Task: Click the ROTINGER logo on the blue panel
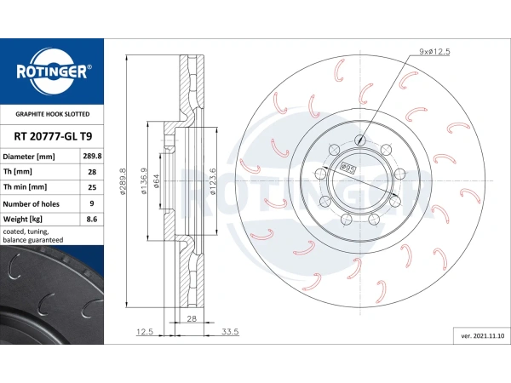click(52, 71)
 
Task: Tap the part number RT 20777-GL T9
click(53, 136)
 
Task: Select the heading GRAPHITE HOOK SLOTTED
click(53, 114)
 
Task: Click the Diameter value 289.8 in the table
click(92, 156)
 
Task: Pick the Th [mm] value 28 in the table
click(92, 172)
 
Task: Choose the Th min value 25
click(92, 187)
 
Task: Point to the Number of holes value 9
click(92, 203)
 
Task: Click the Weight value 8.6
click(92, 219)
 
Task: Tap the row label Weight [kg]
click(23, 220)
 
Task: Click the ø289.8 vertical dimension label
click(123, 182)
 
